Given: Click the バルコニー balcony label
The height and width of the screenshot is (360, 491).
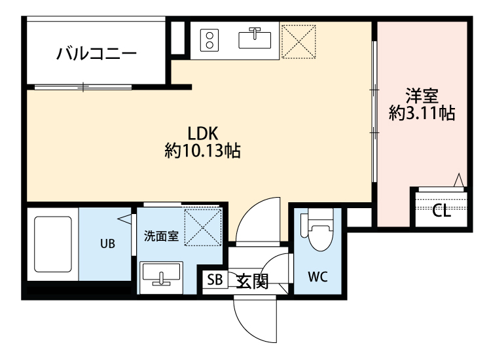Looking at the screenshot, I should pyautogui.click(x=96, y=53).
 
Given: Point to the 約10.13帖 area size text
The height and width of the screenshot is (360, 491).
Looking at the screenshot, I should pyautogui.click(x=202, y=152).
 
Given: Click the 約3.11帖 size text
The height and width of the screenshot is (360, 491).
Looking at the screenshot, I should pyautogui.click(x=422, y=113).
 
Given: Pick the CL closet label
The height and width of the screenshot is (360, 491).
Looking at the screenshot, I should pyautogui.click(x=441, y=211).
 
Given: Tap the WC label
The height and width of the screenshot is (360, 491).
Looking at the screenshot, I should pyautogui.click(x=318, y=276).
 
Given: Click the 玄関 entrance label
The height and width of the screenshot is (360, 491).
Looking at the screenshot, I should pyautogui.click(x=252, y=281).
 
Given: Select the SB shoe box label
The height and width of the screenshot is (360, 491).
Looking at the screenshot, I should pyautogui.click(x=215, y=280).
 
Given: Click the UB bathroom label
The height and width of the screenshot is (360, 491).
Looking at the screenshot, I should pyautogui.click(x=107, y=244).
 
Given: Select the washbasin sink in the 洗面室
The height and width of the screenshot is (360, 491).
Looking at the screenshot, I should pyautogui.click(x=161, y=274).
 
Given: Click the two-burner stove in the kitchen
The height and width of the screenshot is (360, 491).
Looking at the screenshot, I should pyautogui.click(x=209, y=39).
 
